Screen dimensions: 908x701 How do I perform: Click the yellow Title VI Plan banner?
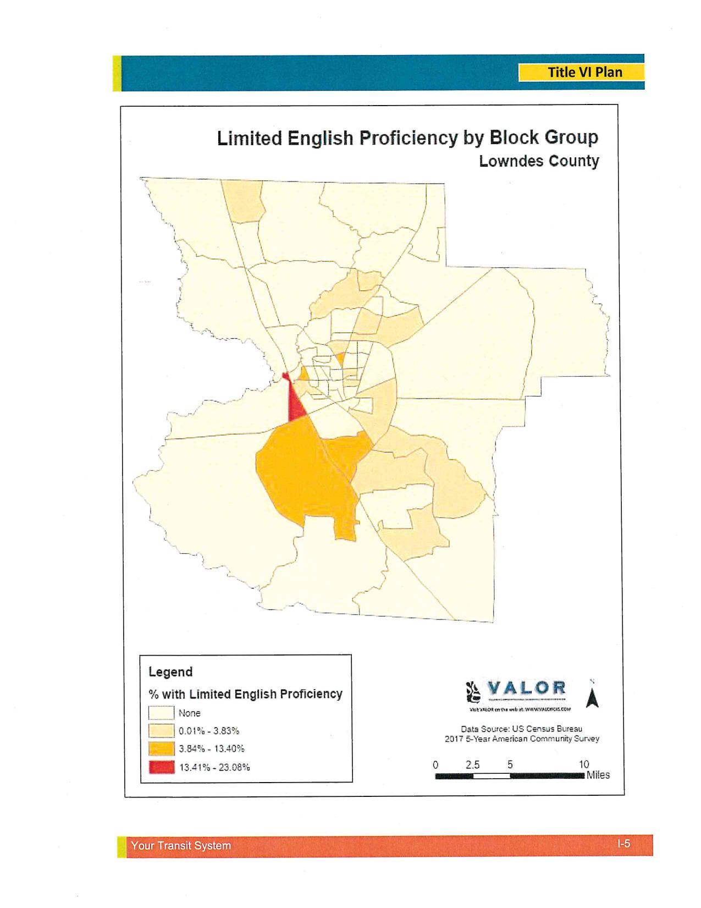[x=581, y=72]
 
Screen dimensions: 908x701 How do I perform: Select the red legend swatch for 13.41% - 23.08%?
[x=161, y=767]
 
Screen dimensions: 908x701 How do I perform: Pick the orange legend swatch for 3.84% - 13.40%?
[x=161, y=749]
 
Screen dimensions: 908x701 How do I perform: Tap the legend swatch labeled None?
[x=161, y=713]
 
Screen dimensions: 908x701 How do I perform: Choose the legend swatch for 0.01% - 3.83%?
[x=161, y=731]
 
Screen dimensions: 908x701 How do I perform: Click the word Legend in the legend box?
[x=170, y=672]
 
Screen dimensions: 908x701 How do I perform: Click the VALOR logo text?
[x=526, y=688]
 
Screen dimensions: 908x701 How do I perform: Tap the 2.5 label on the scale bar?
[x=472, y=764]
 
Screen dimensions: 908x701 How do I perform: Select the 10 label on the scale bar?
[x=584, y=764]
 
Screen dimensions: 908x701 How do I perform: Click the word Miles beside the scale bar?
[x=598, y=775]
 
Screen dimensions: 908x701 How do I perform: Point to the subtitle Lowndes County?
[x=539, y=162]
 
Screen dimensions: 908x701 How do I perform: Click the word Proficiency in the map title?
[x=408, y=138]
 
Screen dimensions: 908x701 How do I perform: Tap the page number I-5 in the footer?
[x=623, y=843]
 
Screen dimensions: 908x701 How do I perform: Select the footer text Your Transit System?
[x=181, y=845]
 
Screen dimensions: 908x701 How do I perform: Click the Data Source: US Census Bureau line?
[x=521, y=729]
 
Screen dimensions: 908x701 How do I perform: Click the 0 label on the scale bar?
[x=435, y=764]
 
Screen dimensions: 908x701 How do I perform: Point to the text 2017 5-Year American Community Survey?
[x=522, y=739]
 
